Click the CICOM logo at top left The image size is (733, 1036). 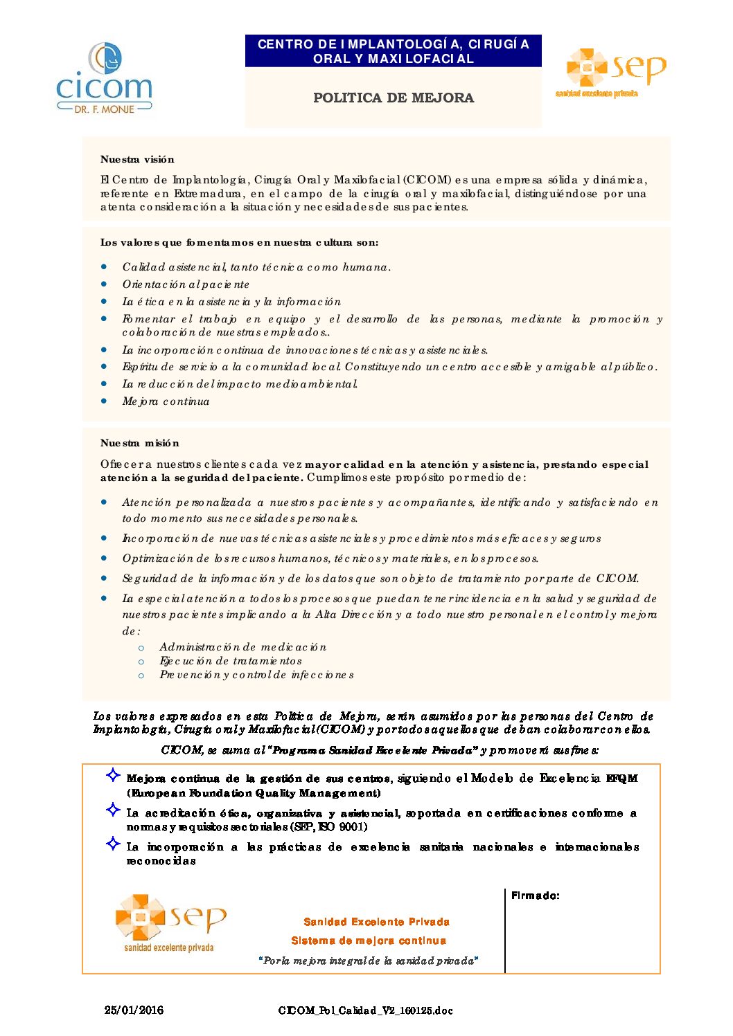104,78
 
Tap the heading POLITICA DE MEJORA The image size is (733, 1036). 394,98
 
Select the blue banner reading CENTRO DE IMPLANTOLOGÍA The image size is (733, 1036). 394,51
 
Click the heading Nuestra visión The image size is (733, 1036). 137,159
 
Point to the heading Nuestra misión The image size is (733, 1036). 140,443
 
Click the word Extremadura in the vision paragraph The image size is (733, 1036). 208,194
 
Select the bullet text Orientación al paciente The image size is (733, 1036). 186,284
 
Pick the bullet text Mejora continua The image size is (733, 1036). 166,401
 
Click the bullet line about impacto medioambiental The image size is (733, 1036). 240,384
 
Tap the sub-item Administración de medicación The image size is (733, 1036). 242,647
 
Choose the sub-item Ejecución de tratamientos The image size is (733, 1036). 231,661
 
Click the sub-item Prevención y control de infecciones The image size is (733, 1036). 256,675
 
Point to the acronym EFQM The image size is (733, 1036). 621,779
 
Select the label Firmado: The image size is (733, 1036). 536,896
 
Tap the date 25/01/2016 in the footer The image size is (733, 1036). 134,1010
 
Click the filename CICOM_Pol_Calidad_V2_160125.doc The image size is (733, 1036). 365,1010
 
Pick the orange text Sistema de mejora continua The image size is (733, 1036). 369,940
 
